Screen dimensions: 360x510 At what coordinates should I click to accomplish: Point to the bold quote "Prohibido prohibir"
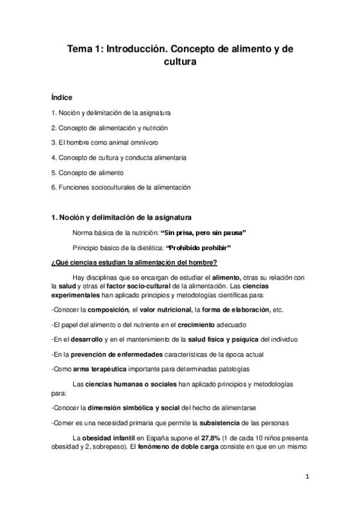(198, 248)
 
